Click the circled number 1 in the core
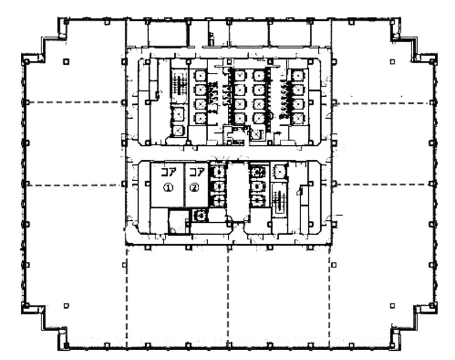tap(168, 188)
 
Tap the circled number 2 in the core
tap(194, 188)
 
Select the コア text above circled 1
tap(169, 173)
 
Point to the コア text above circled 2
tap(197, 173)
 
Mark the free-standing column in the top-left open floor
tap(66, 61)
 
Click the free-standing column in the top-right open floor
tap(393, 61)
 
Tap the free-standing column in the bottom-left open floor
tap(66, 306)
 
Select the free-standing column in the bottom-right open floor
tap(393, 306)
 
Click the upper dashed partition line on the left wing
tap(74, 102)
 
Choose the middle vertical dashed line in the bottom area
tap(228, 296)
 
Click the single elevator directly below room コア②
tap(200, 215)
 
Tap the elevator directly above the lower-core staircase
tap(279, 172)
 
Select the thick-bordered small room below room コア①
tap(179, 222)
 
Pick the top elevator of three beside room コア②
tap(218, 172)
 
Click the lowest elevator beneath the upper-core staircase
tap(179, 131)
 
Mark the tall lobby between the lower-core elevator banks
tap(238, 192)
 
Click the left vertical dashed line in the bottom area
tap(127, 296)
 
